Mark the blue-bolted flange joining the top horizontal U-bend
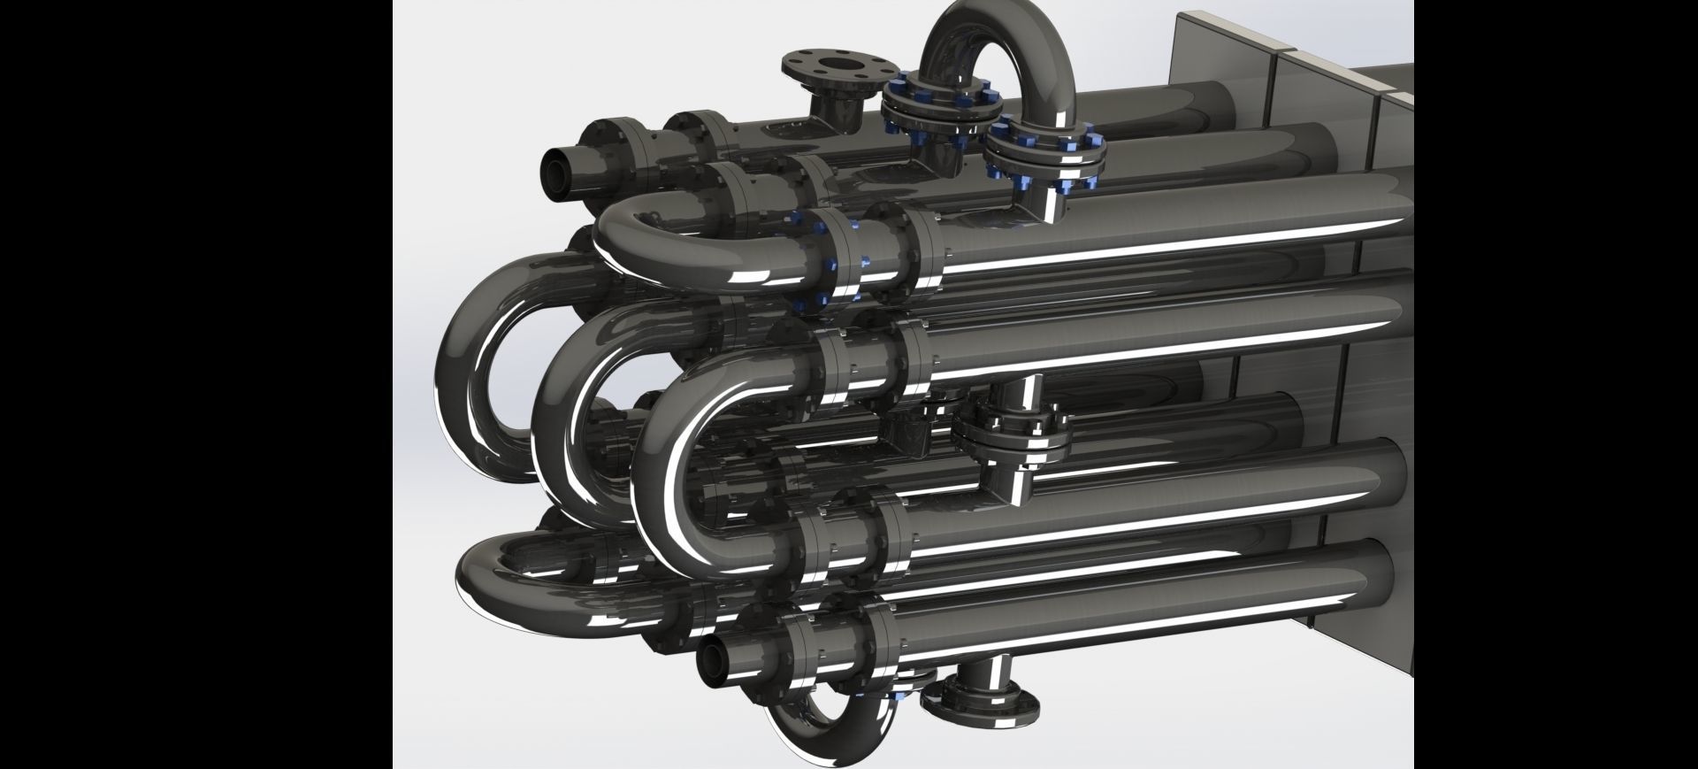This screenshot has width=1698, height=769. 836,257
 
